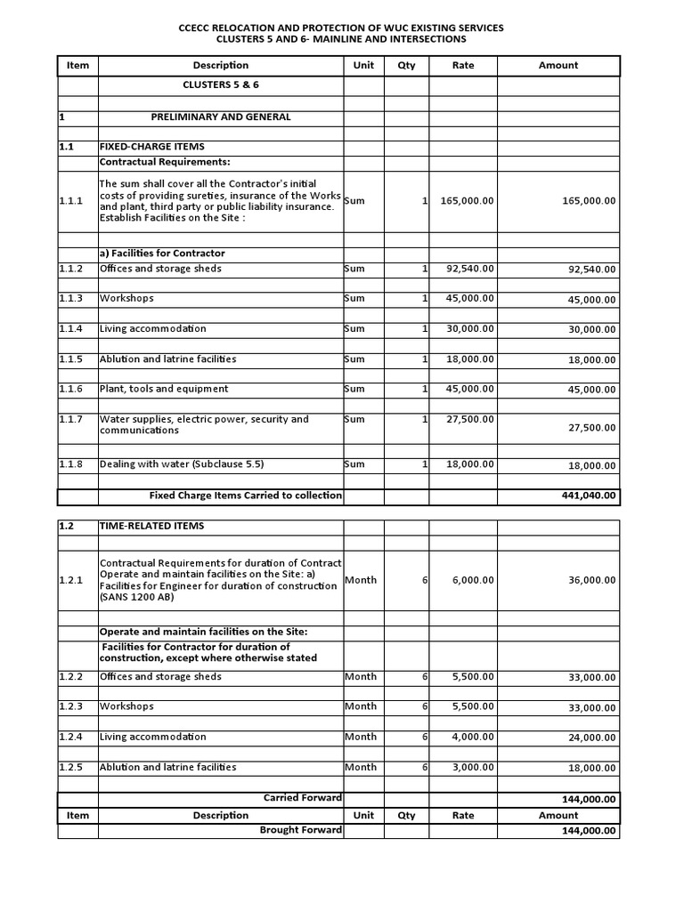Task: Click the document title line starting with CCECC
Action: click(x=341, y=28)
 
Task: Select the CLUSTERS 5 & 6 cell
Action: click(x=221, y=85)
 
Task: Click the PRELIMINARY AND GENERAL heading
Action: click(x=221, y=117)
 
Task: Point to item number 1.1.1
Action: click(x=71, y=201)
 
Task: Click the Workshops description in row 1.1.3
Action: click(x=126, y=299)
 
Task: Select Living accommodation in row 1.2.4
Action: click(x=152, y=737)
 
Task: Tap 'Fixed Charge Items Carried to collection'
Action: click(x=245, y=496)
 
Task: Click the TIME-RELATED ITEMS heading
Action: click(x=151, y=526)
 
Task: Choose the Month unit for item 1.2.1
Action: click(x=361, y=580)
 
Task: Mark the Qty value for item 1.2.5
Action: click(x=425, y=767)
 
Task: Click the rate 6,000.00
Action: click(x=473, y=580)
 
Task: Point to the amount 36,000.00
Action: click(x=591, y=580)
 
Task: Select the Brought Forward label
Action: click(x=300, y=830)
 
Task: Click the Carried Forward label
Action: click(x=302, y=798)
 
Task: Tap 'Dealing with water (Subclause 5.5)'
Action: click(x=182, y=464)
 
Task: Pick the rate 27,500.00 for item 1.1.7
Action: click(x=470, y=419)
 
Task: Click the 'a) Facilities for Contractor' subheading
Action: click(x=162, y=254)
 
